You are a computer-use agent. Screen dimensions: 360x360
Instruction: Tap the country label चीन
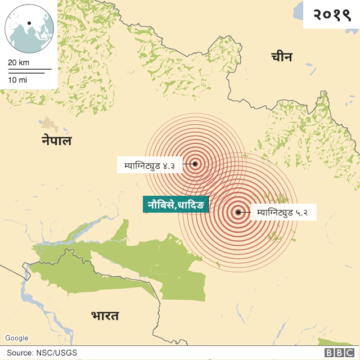pyautogui.click(x=281, y=56)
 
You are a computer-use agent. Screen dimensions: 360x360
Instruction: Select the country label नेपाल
pyautogui.click(x=56, y=141)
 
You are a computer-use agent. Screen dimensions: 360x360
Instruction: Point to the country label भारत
pyautogui.click(x=105, y=316)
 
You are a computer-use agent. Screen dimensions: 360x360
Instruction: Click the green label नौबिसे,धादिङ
pyautogui.click(x=175, y=204)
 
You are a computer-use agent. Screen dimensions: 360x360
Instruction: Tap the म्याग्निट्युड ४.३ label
pyautogui.click(x=150, y=165)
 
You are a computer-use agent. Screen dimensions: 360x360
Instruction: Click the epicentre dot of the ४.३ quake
pyautogui.click(x=195, y=164)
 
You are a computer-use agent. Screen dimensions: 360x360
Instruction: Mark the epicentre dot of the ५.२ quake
pyautogui.click(x=238, y=213)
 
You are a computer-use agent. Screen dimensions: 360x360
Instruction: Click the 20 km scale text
pyautogui.click(x=19, y=62)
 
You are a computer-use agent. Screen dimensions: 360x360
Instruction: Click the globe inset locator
pyautogui.click(x=29, y=28)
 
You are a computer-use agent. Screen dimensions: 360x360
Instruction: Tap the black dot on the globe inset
pyautogui.click(x=28, y=24)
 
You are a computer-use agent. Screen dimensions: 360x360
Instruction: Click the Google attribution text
pyautogui.click(x=16, y=338)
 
